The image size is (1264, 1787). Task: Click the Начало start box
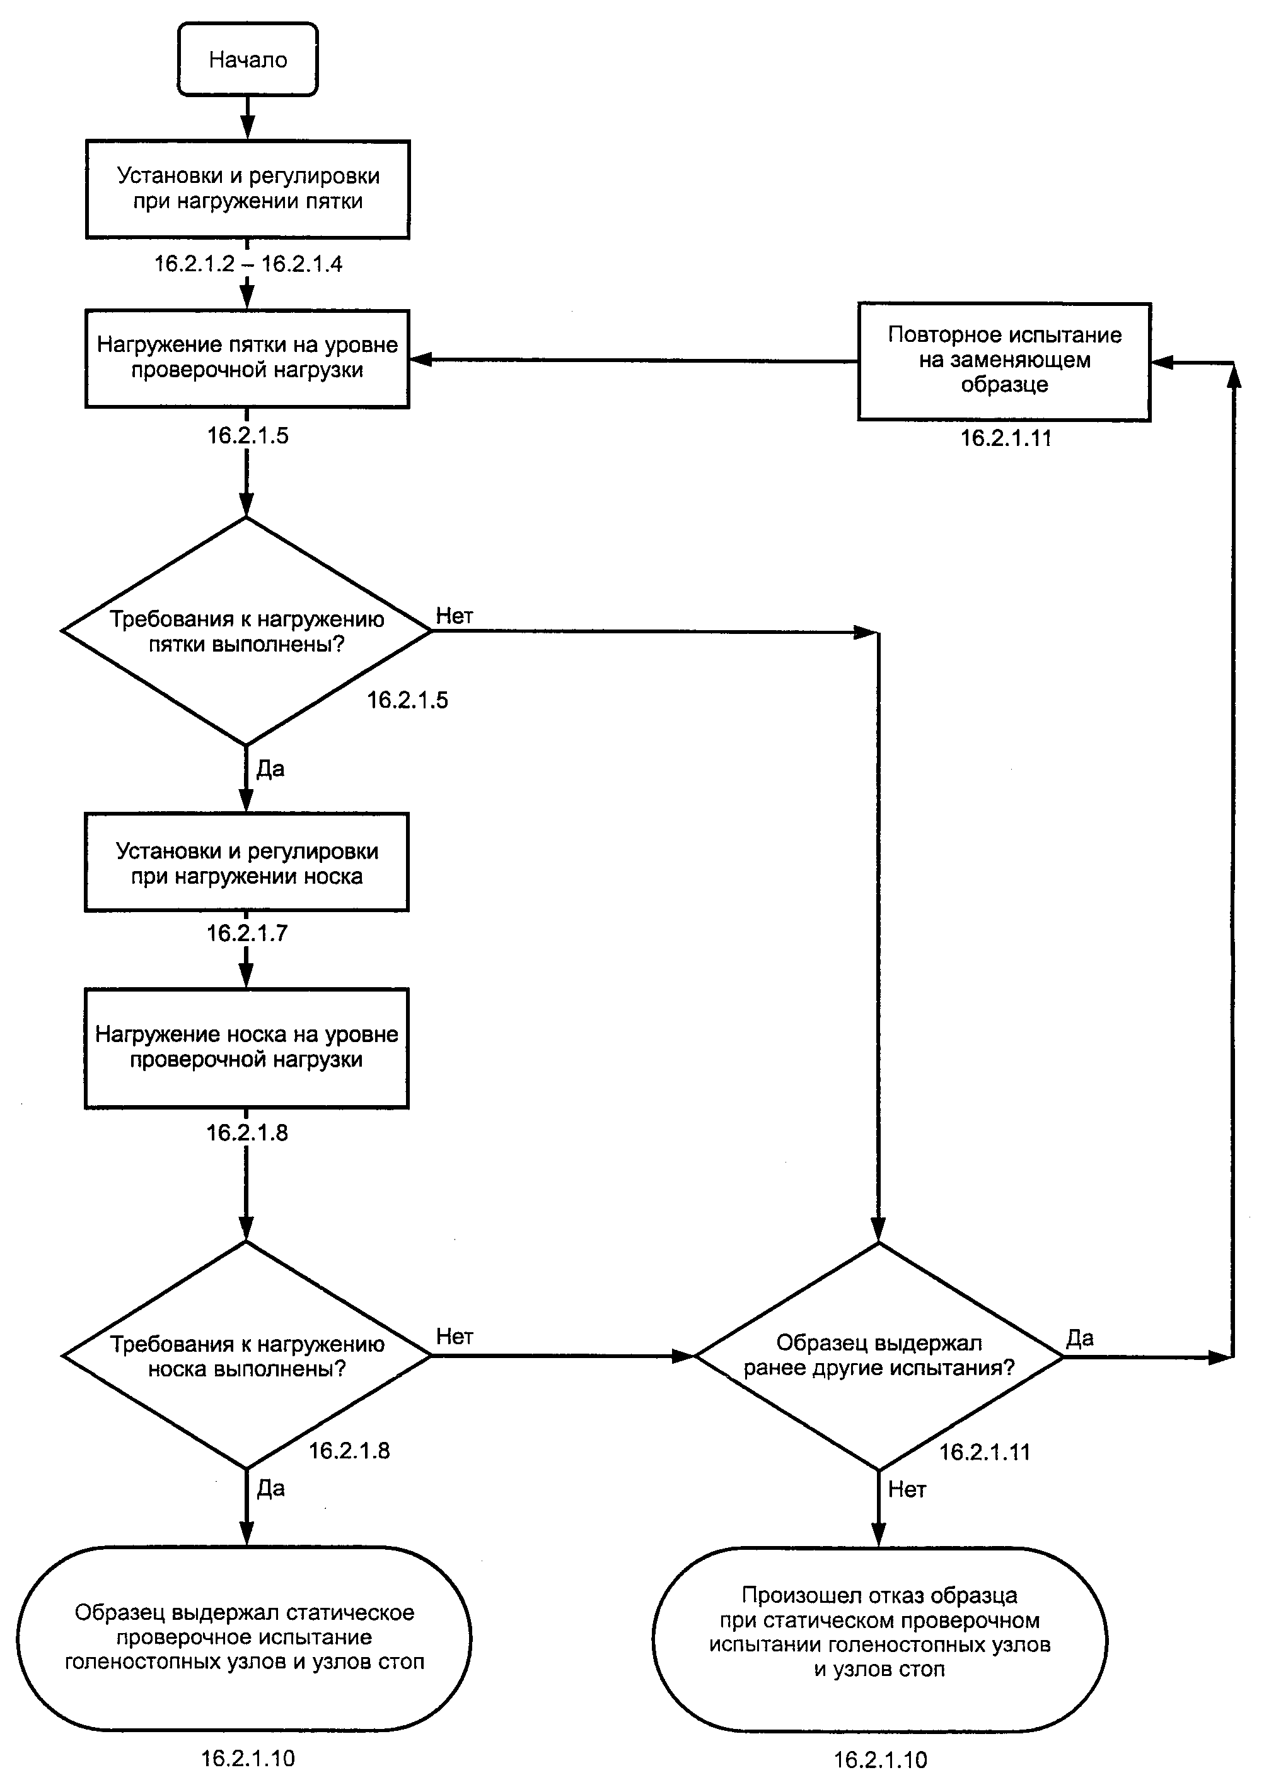point(248,59)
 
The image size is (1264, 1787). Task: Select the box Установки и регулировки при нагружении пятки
point(248,189)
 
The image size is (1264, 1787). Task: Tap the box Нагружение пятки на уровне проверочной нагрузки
point(248,358)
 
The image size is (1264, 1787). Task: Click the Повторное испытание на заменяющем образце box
point(1004,361)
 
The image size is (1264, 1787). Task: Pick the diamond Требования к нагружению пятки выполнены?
point(246,631)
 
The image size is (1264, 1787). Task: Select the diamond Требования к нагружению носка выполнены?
point(246,1356)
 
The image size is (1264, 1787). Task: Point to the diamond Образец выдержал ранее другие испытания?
point(879,1356)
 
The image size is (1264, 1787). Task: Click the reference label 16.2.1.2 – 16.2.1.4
point(248,264)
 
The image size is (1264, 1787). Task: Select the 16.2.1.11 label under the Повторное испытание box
point(1006,438)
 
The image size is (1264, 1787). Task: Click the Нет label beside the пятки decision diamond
point(455,616)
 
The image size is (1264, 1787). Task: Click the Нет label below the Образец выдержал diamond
point(908,1489)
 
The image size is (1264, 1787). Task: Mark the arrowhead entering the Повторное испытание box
point(1161,362)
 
